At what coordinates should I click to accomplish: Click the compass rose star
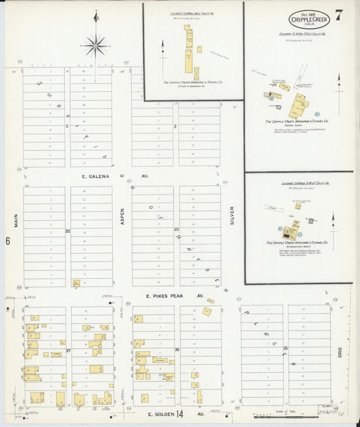[95, 46]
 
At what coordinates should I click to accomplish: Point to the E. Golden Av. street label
[165, 413]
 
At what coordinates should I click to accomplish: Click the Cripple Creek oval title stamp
[309, 18]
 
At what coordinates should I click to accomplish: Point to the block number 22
[68, 231]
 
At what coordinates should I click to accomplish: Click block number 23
[176, 230]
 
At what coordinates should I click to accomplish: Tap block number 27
[68, 351]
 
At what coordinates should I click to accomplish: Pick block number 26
[176, 349]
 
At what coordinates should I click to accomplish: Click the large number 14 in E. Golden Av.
[180, 413]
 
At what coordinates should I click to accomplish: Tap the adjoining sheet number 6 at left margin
[7, 241]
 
